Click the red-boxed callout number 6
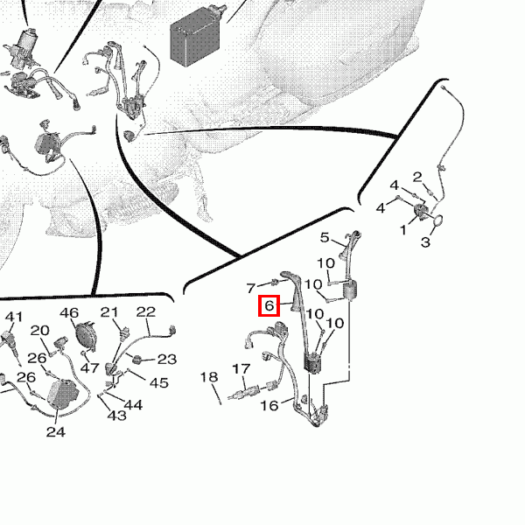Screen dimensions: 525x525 point(269,305)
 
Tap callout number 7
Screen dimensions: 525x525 point(251,288)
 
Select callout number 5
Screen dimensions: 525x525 point(325,237)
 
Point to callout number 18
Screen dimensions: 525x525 point(209,376)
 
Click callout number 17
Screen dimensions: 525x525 point(241,368)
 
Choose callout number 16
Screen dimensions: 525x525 point(269,405)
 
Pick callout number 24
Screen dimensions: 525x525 point(56,431)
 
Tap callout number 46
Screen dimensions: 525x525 point(69,312)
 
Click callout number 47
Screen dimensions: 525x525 point(90,368)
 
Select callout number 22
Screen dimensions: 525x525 point(146,311)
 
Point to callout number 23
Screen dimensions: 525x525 point(167,359)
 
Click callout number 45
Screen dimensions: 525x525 point(158,382)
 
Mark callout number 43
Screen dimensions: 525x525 point(117,416)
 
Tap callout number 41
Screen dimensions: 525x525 point(14,317)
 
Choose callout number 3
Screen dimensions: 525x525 point(425,241)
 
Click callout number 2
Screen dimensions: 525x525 point(417,177)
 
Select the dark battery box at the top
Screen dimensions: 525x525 point(195,37)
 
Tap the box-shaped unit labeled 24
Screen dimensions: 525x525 point(63,394)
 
